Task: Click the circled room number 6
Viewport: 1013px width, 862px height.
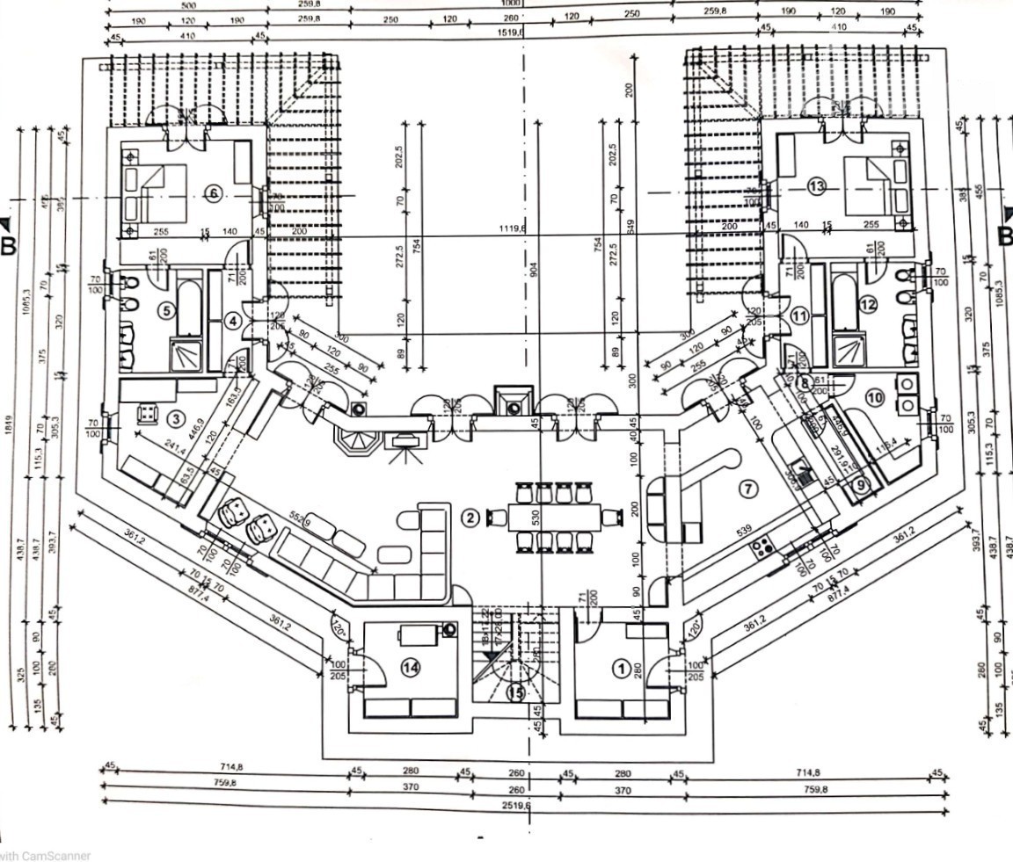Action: [213, 194]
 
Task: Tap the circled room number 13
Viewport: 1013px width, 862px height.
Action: [817, 186]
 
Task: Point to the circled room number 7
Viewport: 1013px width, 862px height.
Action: [748, 488]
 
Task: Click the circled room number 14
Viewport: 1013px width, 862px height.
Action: [410, 668]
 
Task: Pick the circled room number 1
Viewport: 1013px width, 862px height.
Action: [622, 670]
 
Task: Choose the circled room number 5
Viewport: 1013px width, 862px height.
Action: [164, 310]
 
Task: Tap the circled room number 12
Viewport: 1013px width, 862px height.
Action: [868, 305]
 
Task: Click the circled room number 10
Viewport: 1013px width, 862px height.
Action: [874, 398]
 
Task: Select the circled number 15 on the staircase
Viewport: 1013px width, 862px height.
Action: [516, 692]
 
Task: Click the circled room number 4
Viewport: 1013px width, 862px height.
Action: [232, 322]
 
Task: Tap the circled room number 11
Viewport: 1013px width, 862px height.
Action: [798, 315]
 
